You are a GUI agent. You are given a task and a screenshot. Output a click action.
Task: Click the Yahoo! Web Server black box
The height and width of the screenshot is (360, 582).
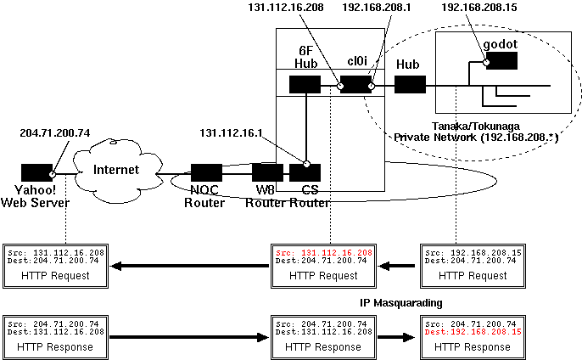[36, 172]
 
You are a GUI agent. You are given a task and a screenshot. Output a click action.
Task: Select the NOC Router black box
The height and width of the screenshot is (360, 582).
[206, 172]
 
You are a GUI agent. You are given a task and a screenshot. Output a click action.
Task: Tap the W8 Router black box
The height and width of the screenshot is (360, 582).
[268, 172]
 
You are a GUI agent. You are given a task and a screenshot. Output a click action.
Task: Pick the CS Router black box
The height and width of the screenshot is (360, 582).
[305, 172]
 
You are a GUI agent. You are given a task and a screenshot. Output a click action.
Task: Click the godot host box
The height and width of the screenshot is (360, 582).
[501, 61]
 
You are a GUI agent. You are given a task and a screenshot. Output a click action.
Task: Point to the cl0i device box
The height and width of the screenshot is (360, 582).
[355, 85]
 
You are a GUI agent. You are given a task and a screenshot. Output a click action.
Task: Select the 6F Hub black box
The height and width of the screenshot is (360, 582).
[304, 85]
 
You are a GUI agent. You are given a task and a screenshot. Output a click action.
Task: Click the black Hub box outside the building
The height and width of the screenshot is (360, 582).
[410, 85]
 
